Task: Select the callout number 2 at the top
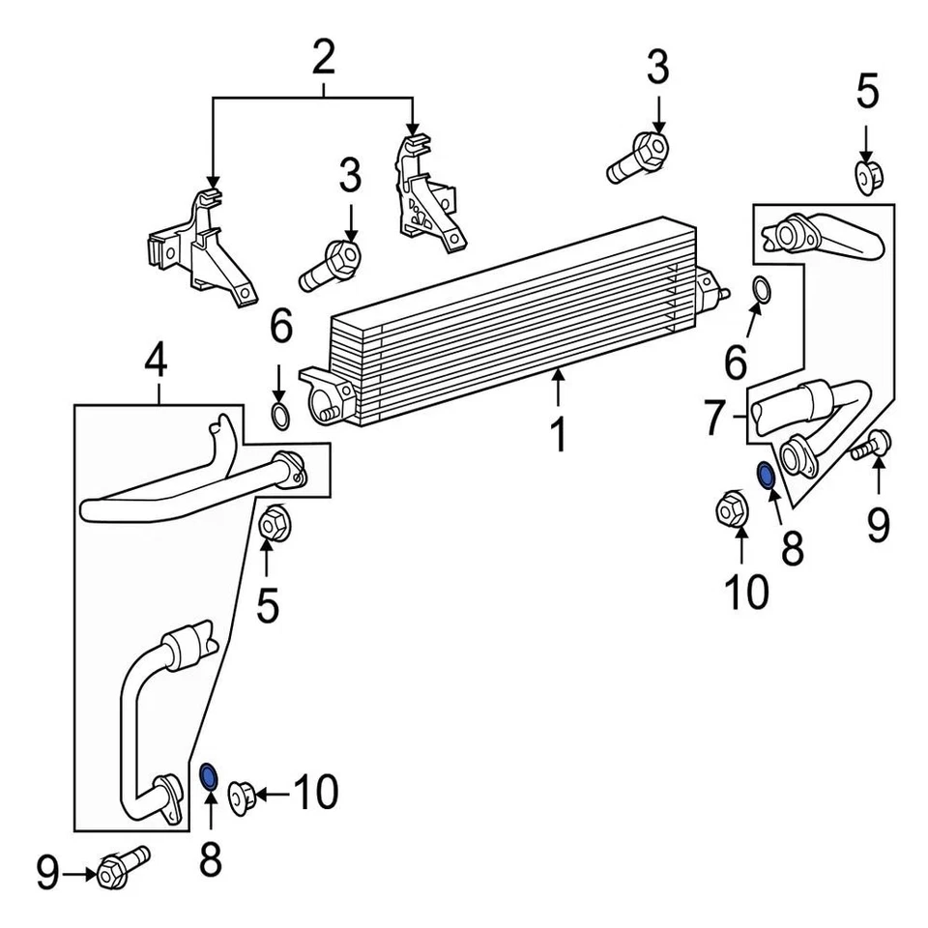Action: (x=322, y=59)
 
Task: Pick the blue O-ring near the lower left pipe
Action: (x=208, y=775)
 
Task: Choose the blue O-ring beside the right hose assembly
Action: (x=765, y=476)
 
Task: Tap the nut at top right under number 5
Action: (x=867, y=177)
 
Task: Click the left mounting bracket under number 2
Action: (x=199, y=253)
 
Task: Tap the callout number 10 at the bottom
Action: (x=315, y=794)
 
